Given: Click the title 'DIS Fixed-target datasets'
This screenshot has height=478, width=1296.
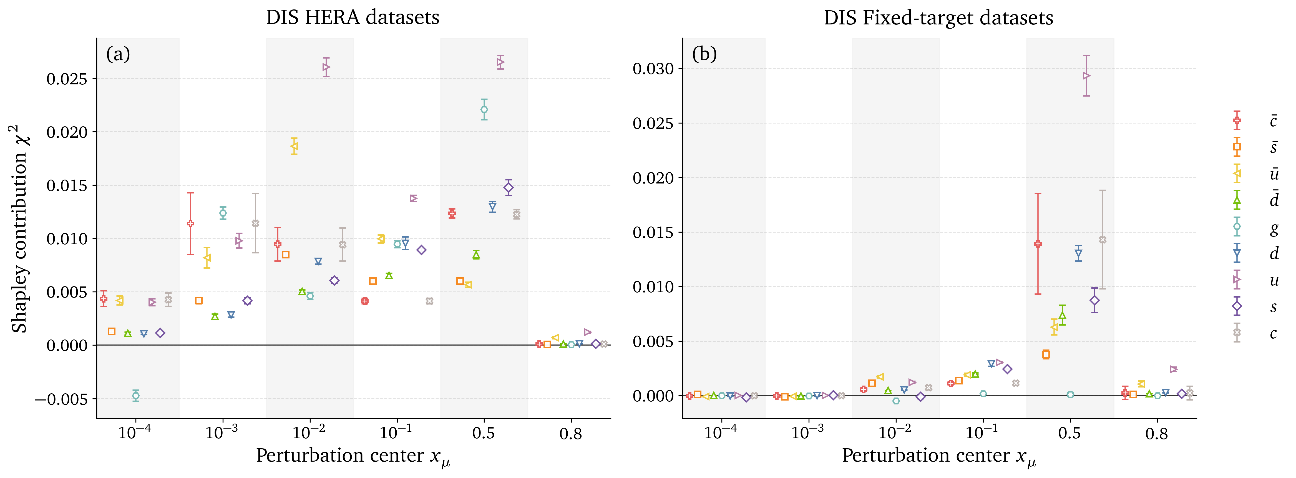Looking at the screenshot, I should [x=938, y=17].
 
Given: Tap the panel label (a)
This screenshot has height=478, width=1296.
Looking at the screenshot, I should [x=118, y=54].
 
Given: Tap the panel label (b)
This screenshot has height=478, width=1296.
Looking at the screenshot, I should [x=704, y=54].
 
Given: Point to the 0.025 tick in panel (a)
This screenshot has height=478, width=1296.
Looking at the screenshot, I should [x=67, y=79].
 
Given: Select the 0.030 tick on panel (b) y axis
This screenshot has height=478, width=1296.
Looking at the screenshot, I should [x=653, y=69].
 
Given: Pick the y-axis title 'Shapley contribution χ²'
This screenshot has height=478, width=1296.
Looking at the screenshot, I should [x=20, y=229].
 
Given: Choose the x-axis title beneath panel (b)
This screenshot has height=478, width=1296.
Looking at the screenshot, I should [x=938, y=456].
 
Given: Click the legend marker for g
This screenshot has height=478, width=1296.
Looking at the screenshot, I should [x=1237, y=227].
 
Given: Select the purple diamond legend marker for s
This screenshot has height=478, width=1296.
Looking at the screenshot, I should [x=1237, y=306].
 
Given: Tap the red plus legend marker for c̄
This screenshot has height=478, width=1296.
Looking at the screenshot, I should [x=1237, y=120].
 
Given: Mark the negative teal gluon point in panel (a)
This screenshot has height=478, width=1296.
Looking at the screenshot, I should [x=136, y=396].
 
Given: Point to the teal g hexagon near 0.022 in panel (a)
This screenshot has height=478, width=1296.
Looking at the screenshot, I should [x=484, y=110].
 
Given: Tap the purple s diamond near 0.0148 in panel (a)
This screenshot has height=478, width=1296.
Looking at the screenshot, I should [x=509, y=188].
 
